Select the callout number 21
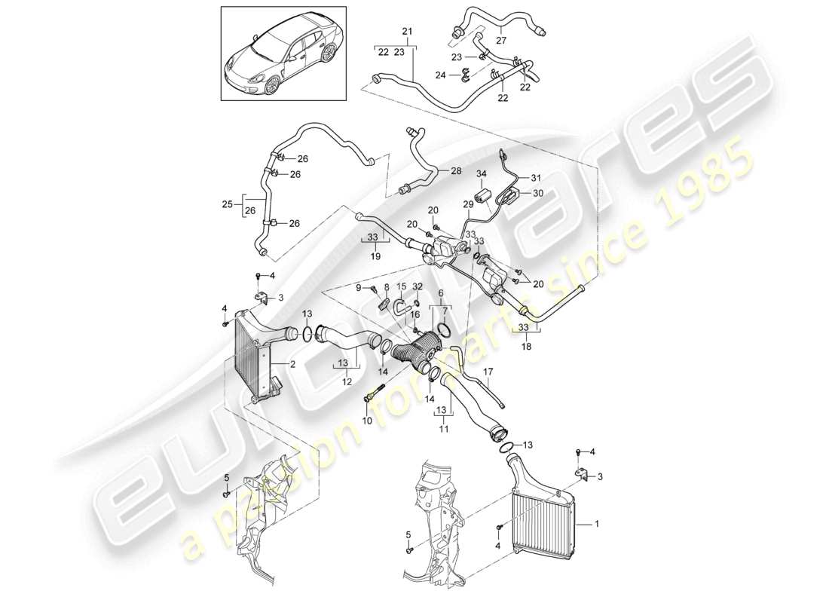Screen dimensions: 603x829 408,30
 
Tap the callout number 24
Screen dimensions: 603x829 443,75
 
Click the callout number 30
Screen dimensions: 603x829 537,192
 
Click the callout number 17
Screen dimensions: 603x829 488,372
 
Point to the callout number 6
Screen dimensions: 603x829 441,293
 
